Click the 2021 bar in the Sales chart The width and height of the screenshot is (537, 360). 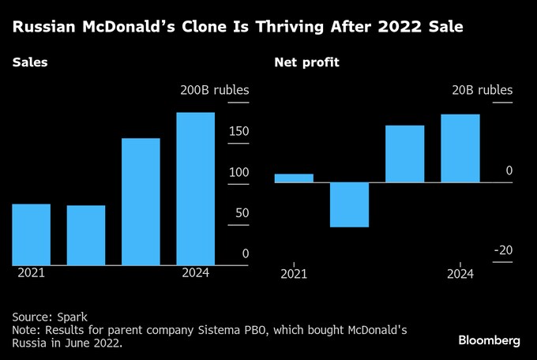pyautogui.click(x=32, y=234)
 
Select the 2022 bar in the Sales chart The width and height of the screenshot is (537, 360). pyautogui.click(x=86, y=235)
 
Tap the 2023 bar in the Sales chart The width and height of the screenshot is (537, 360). pyautogui.click(x=141, y=201)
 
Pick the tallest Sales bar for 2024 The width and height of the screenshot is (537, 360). pyautogui.click(x=195, y=189)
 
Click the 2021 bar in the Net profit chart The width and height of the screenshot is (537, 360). pyautogui.click(x=294, y=178)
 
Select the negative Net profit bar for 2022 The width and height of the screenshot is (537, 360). pyautogui.click(x=349, y=204)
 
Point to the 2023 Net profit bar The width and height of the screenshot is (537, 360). pyautogui.click(x=404, y=154)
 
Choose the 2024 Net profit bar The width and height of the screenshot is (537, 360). pyautogui.click(x=460, y=148)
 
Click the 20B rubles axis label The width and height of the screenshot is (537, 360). pyautogui.click(x=482, y=90)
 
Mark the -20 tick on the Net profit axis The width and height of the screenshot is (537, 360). pyautogui.click(x=503, y=250)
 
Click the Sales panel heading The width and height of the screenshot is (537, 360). pyautogui.click(x=29, y=62)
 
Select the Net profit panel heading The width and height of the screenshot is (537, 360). pyautogui.click(x=306, y=62)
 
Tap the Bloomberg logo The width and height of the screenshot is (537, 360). pyautogui.click(x=489, y=340)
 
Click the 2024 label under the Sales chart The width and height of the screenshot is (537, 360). pyautogui.click(x=195, y=273)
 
